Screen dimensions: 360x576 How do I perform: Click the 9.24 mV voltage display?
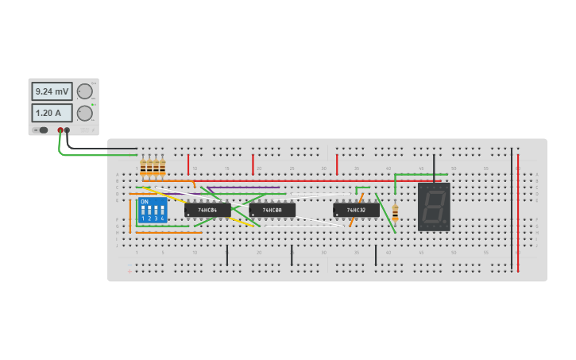tap(52, 91)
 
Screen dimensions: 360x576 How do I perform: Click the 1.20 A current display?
tap(52, 113)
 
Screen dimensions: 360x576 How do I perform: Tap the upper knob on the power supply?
tap(84, 91)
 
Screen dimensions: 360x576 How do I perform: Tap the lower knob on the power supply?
tap(84, 113)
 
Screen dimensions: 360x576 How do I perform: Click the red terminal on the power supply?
tap(60, 130)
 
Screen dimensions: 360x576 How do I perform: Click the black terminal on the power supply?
tap(67, 130)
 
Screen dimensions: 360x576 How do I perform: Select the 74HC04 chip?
tap(208, 210)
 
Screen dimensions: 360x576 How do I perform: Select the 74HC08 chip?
tap(272, 210)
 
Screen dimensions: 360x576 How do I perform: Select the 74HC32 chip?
tap(356, 210)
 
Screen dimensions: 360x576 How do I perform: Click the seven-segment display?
tap(434, 207)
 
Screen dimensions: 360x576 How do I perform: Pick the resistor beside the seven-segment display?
tap(395, 212)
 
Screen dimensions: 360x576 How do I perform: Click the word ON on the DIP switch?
tap(144, 202)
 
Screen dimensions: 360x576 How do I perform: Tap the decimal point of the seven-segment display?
tap(445, 224)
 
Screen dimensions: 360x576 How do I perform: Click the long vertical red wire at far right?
tap(518, 211)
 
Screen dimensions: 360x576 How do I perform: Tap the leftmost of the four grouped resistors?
tap(143, 167)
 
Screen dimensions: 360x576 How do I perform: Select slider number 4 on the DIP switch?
tap(162, 211)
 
